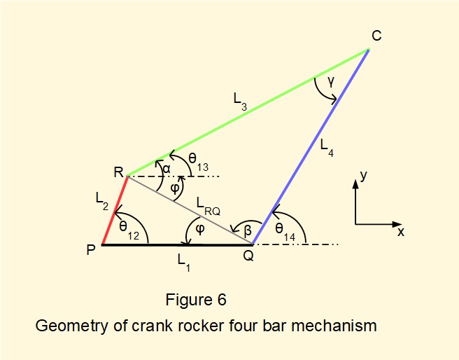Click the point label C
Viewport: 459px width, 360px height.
point(376,35)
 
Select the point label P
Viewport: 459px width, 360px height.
point(92,250)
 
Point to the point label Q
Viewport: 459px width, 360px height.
point(248,256)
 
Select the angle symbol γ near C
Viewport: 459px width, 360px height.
point(332,82)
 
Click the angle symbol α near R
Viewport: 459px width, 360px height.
point(167,169)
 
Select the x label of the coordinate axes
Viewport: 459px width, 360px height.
point(400,231)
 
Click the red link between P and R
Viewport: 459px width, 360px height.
point(115,211)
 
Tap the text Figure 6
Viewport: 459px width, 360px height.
point(196,300)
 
